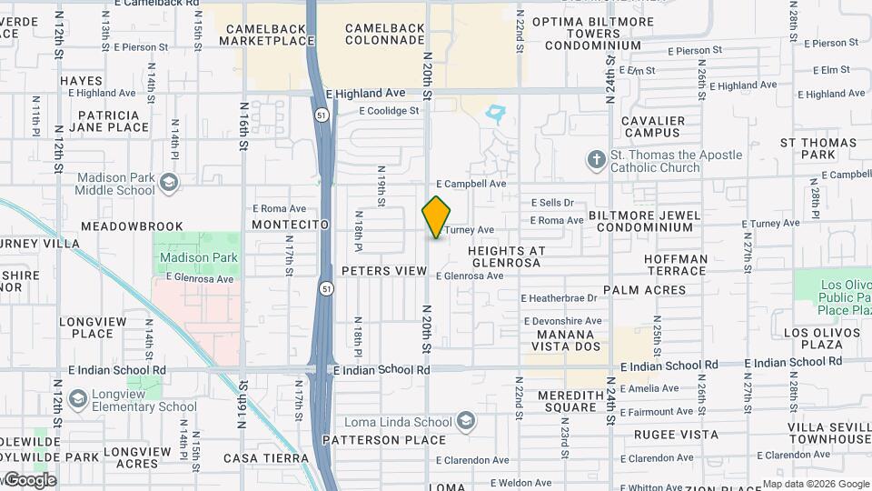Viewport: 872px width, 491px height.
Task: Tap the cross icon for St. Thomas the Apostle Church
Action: click(x=596, y=161)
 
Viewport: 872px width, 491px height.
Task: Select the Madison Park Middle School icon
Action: click(x=168, y=184)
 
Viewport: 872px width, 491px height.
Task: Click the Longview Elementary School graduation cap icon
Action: click(x=78, y=400)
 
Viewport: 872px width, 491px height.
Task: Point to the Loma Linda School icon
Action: click(x=465, y=421)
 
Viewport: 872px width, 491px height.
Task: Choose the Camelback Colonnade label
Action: click(x=384, y=35)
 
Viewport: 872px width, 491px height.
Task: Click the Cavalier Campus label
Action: click(x=652, y=126)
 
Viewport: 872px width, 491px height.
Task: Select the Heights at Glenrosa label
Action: click(x=506, y=256)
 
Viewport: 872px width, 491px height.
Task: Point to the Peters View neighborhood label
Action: click(x=384, y=271)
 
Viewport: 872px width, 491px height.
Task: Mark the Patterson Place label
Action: click(x=397, y=440)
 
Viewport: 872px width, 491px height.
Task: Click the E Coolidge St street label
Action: click(x=389, y=111)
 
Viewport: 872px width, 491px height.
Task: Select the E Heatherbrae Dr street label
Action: click(x=559, y=298)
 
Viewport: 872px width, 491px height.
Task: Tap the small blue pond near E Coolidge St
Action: click(x=496, y=114)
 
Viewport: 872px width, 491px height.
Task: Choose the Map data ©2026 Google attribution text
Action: click(x=815, y=484)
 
